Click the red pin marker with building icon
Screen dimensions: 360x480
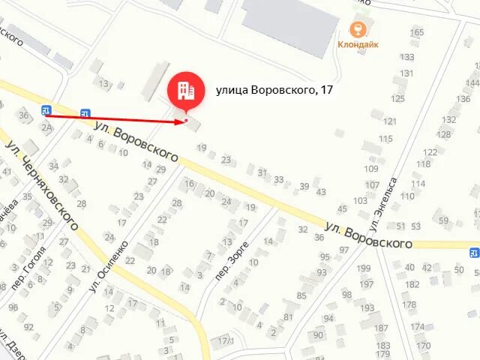[185, 91]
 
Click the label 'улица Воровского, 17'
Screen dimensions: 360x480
[274, 90]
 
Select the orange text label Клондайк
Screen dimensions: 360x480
[358, 44]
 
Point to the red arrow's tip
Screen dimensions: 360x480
[185, 120]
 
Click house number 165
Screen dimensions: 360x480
[417, 32]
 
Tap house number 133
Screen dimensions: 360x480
[407, 57]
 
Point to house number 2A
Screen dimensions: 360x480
[46, 127]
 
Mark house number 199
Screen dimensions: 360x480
[364, 268]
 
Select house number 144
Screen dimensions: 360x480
[472, 82]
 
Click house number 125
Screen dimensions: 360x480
[397, 98]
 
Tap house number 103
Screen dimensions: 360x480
[361, 201]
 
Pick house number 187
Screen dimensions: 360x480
[381, 328]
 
